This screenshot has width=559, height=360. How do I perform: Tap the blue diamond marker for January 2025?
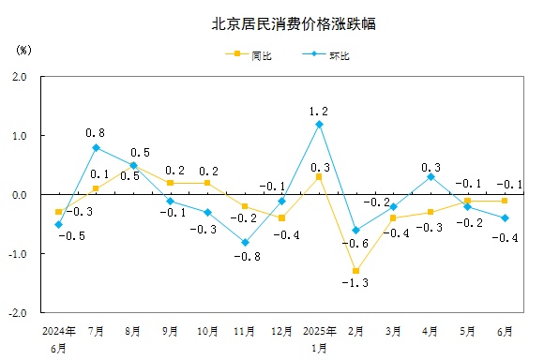tap(319, 124)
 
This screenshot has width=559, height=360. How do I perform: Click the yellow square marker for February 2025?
tap(356, 271)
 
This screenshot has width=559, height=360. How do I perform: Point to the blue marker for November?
tap(245, 242)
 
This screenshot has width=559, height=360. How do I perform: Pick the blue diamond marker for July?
tap(96, 147)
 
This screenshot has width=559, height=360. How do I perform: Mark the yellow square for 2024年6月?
tap(58, 212)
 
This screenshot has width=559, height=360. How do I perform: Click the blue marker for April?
tap(431, 176)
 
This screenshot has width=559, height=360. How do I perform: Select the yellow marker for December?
tap(281, 217)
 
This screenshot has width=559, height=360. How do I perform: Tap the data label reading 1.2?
tap(319, 111)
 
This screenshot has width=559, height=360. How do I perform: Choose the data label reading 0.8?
tap(95, 133)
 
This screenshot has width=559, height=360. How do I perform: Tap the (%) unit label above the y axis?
tap(24, 48)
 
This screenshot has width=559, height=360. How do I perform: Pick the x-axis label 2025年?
tap(319, 331)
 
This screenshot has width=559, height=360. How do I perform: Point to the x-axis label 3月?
tap(393, 331)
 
